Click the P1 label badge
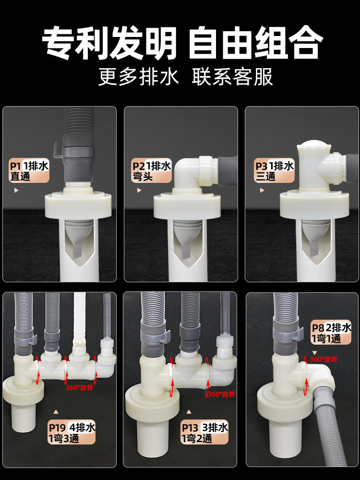(x=29, y=171)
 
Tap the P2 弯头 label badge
(x=151, y=171)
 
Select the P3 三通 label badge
(x=274, y=171)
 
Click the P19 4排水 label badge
(x=72, y=432)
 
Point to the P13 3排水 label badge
(x=204, y=432)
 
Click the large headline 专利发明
(x=109, y=43)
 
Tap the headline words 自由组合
(x=255, y=43)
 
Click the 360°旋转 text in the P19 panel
(x=79, y=387)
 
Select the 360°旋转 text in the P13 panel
(x=221, y=394)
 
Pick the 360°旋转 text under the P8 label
(x=324, y=359)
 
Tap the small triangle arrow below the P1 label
(x=16, y=191)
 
